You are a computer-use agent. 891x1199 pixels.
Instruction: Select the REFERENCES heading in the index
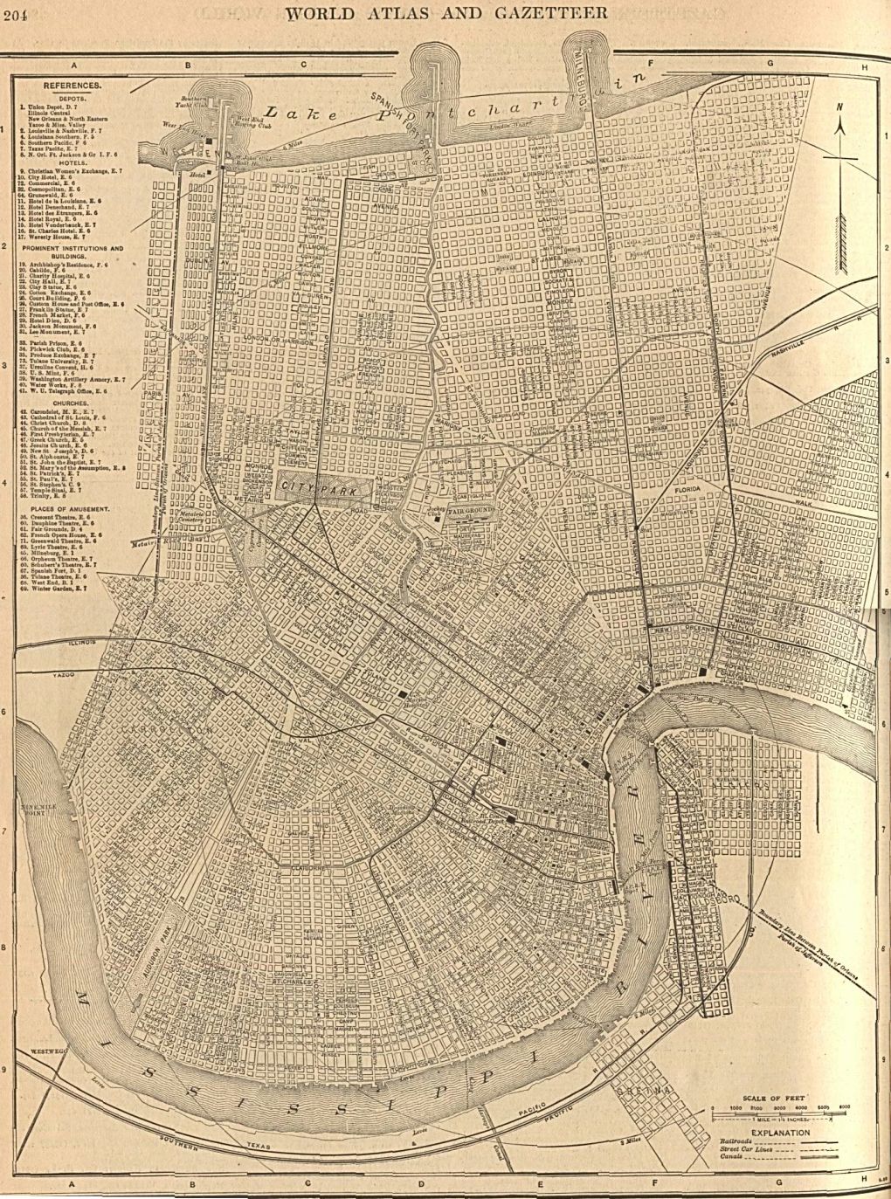[x=73, y=86]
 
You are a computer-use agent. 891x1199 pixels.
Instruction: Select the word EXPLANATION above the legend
[x=776, y=1133]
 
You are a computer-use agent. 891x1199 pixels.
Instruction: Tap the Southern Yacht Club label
[x=191, y=100]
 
